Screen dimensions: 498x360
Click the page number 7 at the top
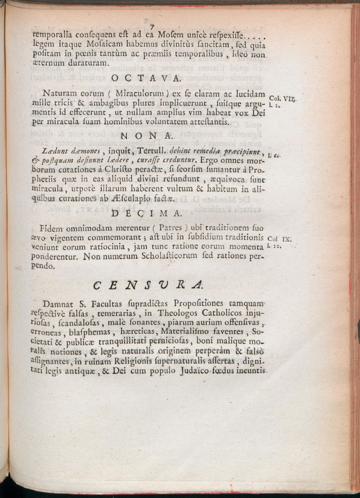[x=152, y=26]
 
